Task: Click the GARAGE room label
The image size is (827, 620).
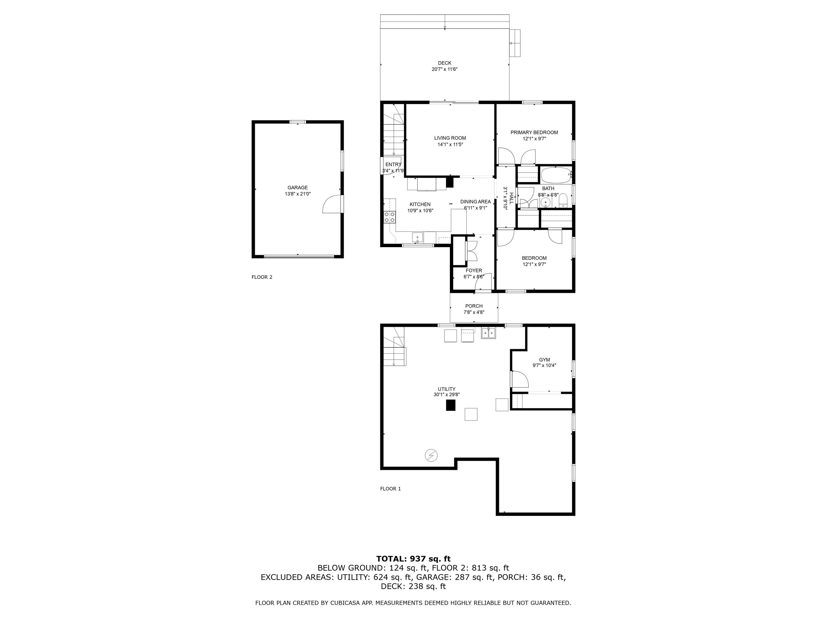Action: pyautogui.click(x=298, y=188)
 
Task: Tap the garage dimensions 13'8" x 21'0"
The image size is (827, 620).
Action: pyautogui.click(x=298, y=194)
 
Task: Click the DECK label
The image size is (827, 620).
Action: pyautogui.click(x=445, y=63)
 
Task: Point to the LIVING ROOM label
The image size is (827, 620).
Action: pyautogui.click(x=450, y=138)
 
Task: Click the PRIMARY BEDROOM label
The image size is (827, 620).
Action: pyautogui.click(x=534, y=132)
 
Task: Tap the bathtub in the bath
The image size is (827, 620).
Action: pyautogui.click(x=555, y=174)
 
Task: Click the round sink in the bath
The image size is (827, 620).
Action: pyautogui.click(x=546, y=203)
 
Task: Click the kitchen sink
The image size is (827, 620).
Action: pyautogui.click(x=418, y=237)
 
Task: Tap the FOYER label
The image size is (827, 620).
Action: pyautogui.click(x=474, y=271)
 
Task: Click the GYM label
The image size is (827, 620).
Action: pyautogui.click(x=544, y=360)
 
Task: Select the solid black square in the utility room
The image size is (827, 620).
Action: pyautogui.click(x=451, y=405)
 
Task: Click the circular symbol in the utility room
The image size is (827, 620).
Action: pyautogui.click(x=431, y=455)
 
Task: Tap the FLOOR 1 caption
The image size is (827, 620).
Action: pyautogui.click(x=390, y=489)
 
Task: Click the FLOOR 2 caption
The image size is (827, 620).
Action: pyautogui.click(x=262, y=277)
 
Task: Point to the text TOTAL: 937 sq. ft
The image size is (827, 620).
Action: pyautogui.click(x=413, y=559)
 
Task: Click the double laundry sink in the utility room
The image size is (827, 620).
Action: pyautogui.click(x=488, y=333)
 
